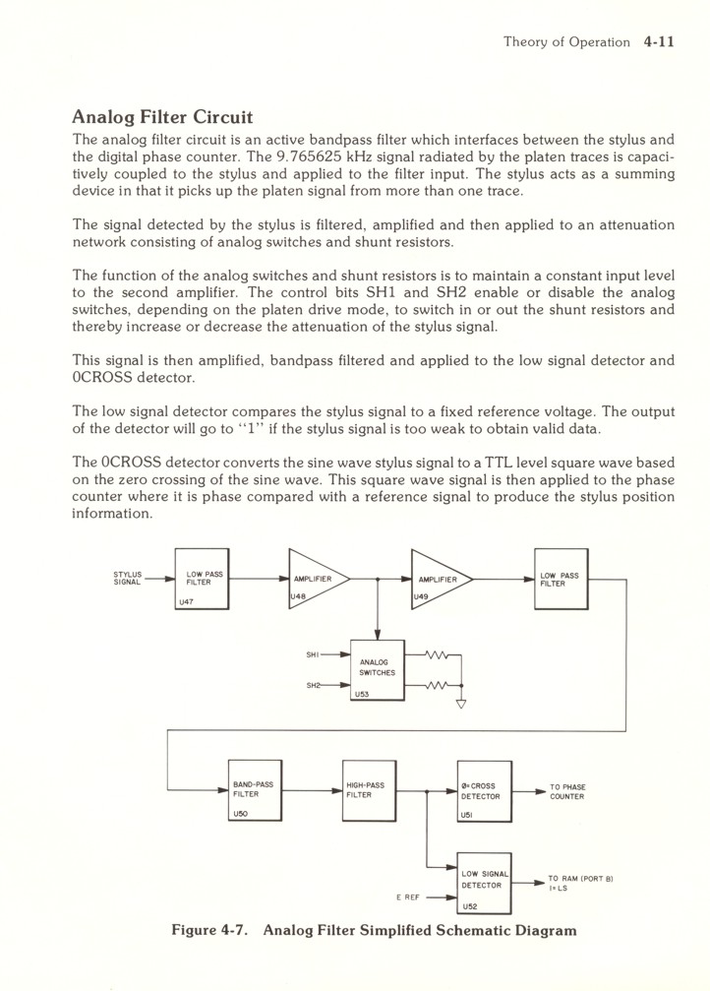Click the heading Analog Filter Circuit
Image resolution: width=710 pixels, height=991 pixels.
pyautogui.click(x=162, y=119)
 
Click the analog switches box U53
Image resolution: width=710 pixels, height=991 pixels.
pyautogui.click(x=378, y=669)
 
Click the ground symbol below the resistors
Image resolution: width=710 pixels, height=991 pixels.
pyautogui.click(x=461, y=704)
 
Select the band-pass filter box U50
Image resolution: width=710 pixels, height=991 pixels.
pyautogui.click(x=255, y=790)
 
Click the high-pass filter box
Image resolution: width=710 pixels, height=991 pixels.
pyautogui.click(x=368, y=790)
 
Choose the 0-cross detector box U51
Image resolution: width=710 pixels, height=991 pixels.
pyautogui.click(x=484, y=790)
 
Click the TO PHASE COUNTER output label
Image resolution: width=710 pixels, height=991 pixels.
pyautogui.click(x=567, y=791)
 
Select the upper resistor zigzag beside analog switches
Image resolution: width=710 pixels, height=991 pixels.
pyautogui.click(x=438, y=654)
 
